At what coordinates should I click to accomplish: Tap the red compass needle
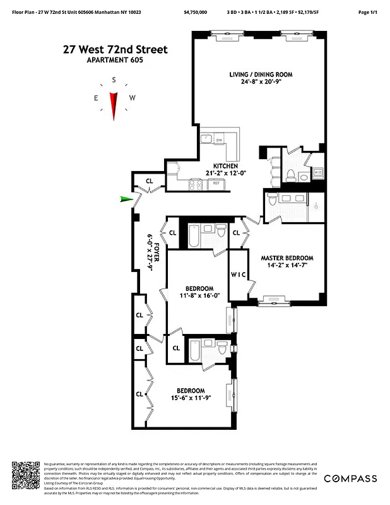point(114,105)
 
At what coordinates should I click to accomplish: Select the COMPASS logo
point(350,478)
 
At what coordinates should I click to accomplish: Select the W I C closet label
point(238,274)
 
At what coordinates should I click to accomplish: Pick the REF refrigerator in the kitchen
point(215,182)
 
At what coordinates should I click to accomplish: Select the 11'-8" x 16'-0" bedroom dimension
point(199,295)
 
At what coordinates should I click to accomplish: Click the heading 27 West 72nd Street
point(115,49)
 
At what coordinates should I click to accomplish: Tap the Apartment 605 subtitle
point(115,60)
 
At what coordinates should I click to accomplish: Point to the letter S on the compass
point(114,80)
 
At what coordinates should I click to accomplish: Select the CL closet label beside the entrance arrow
point(150,181)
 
